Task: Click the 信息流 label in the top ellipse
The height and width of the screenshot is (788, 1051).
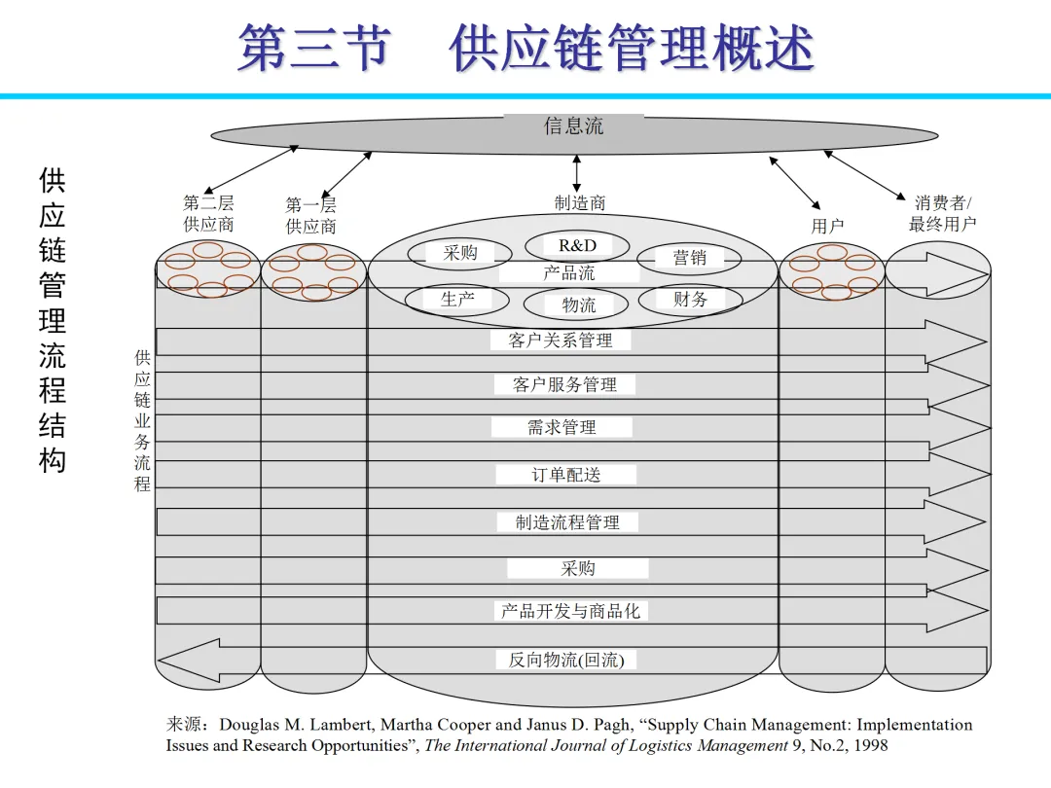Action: tap(573, 125)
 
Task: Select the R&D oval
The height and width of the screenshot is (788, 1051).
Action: tap(577, 246)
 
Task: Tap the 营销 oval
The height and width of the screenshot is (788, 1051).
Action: tap(689, 258)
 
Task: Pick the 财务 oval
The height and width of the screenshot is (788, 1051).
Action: tap(689, 300)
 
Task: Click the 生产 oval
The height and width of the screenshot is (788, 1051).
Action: tap(457, 299)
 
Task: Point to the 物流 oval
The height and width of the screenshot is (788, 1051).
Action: tap(578, 305)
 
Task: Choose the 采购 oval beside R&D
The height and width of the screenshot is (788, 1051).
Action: tap(459, 253)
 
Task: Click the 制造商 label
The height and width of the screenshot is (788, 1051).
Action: tap(580, 203)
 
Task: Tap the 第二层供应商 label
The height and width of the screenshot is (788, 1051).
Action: tap(208, 213)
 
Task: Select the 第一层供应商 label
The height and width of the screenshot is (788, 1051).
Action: tap(310, 215)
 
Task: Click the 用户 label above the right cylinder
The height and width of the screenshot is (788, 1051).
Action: tap(827, 226)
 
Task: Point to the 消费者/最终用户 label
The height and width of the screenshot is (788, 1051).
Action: tap(942, 213)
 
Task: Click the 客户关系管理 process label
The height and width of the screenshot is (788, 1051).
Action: tap(561, 340)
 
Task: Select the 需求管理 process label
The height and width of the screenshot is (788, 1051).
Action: tap(562, 427)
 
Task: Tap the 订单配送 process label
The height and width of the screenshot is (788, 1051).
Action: tap(565, 475)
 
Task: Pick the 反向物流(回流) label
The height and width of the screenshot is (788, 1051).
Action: tap(565, 660)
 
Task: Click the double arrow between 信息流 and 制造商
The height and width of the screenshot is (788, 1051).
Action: tap(577, 173)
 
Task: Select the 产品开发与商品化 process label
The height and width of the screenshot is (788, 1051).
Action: tap(571, 611)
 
